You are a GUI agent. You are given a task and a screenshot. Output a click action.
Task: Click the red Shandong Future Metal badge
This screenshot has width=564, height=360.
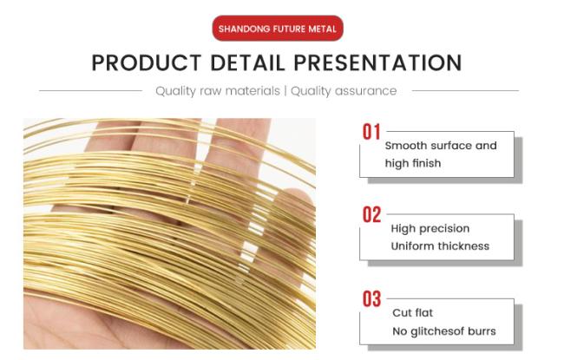278,28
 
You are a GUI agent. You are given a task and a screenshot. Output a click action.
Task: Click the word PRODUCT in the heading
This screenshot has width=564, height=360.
147,62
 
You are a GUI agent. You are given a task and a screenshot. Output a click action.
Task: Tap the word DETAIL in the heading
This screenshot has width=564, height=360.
247,62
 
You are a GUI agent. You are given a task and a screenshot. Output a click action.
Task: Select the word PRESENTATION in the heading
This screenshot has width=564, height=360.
377,62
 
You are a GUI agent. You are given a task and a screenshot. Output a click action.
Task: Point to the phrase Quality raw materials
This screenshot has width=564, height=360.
218,91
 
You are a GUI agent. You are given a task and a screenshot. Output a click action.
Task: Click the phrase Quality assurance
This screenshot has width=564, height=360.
344,91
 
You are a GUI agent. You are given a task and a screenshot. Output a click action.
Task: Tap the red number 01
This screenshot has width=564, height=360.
371,132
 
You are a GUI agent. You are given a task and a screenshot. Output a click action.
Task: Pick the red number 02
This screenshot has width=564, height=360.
371,215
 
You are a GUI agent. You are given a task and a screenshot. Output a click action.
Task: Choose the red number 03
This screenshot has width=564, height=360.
371,299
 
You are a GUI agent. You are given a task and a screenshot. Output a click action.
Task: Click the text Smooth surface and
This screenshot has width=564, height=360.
441,146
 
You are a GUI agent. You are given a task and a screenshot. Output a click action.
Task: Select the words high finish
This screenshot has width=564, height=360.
413,163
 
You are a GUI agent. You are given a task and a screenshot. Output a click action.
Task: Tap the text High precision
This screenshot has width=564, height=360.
430,229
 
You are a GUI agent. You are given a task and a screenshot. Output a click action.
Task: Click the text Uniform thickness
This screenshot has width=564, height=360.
440,246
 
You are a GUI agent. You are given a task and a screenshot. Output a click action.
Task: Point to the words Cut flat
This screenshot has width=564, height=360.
412,313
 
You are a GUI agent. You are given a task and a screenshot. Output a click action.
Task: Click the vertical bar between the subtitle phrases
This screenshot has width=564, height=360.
285,91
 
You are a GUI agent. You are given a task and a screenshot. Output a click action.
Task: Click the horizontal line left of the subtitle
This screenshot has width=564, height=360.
90,90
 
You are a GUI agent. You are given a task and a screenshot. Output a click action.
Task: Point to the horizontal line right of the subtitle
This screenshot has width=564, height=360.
465,90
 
